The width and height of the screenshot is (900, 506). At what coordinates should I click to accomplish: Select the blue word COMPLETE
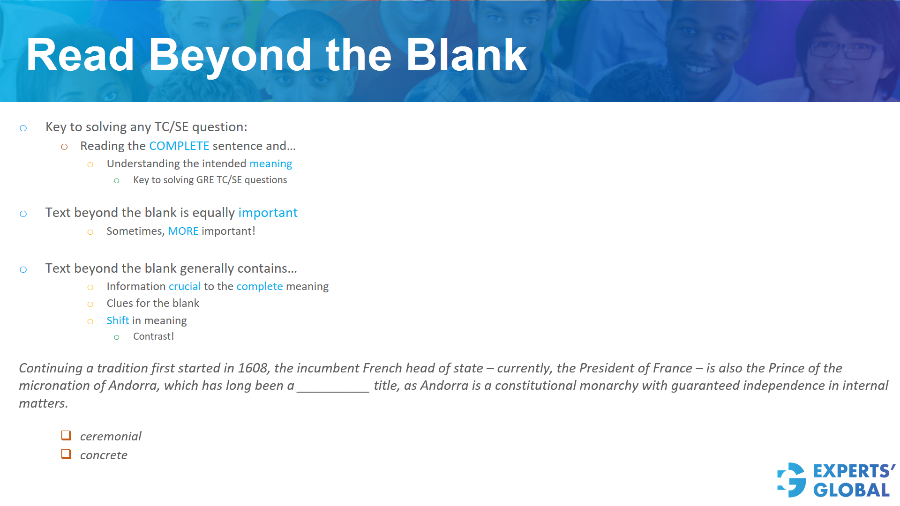pyautogui.click(x=179, y=146)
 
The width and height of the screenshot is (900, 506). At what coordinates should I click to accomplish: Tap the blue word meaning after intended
pyautogui.click(x=270, y=164)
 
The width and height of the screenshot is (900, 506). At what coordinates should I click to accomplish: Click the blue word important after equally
pyautogui.click(x=268, y=213)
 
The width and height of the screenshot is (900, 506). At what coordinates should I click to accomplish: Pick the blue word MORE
pyautogui.click(x=183, y=231)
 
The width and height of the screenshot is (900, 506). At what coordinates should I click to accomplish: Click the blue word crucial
pyautogui.click(x=185, y=286)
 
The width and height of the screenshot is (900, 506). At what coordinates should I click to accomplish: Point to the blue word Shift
pyautogui.click(x=118, y=320)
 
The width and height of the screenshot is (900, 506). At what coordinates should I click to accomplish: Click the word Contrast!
pyautogui.click(x=153, y=336)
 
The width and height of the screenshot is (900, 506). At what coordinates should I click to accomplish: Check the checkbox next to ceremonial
pyautogui.click(x=66, y=436)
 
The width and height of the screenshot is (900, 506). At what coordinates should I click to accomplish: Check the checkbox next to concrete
pyautogui.click(x=66, y=454)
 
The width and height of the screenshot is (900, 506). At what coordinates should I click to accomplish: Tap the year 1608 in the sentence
pyautogui.click(x=253, y=368)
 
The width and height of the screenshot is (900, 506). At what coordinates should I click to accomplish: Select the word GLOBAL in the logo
pyautogui.click(x=851, y=490)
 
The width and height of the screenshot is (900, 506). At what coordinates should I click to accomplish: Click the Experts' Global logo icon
pyautogui.click(x=792, y=480)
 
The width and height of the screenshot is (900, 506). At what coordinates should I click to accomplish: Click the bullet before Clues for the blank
pyautogui.click(x=90, y=304)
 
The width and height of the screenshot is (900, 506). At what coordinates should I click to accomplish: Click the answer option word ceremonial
pyautogui.click(x=111, y=436)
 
